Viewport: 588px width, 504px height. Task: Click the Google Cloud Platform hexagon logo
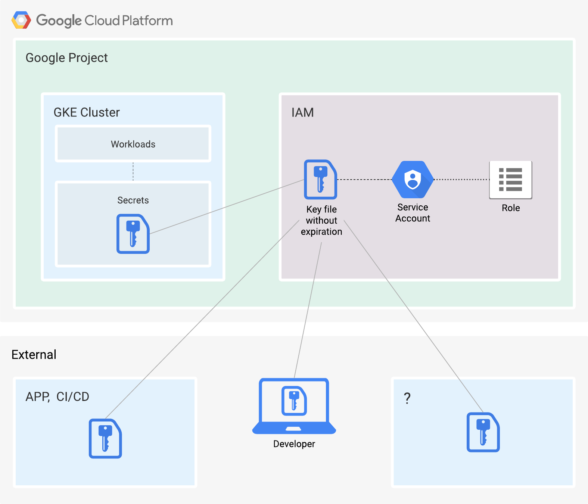(21, 20)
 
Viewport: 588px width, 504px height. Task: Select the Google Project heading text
(66, 58)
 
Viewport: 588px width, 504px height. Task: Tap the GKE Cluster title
(87, 112)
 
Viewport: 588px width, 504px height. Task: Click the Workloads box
(133, 144)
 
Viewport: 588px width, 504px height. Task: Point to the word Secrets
(133, 200)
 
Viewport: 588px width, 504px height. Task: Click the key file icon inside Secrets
(133, 234)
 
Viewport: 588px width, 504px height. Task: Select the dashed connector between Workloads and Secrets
(133, 171)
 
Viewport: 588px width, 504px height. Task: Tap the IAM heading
(302, 113)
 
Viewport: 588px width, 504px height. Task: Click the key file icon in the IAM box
(321, 180)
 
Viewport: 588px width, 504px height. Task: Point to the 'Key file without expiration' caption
(321, 220)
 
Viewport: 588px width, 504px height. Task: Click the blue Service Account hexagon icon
(413, 180)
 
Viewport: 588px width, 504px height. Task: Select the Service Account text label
(413, 213)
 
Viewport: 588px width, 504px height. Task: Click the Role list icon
(511, 180)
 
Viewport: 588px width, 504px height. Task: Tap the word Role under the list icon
(511, 208)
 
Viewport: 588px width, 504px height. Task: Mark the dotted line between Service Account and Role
(461, 180)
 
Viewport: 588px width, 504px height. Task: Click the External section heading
(34, 355)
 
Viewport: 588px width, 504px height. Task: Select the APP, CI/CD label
(57, 397)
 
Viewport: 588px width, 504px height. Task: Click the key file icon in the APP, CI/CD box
(105, 439)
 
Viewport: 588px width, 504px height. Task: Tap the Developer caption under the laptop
(294, 444)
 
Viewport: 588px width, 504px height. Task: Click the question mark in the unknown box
(407, 398)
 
